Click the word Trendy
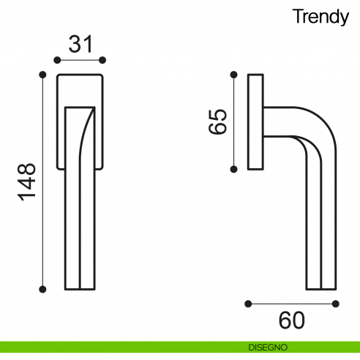(320, 17)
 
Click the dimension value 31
(80, 44)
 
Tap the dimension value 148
(27, 182)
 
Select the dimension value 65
(217, 121)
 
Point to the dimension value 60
(292, 320)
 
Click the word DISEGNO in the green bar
(268, 348)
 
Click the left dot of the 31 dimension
(57, 60)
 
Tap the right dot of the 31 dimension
(102, 60)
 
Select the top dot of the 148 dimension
(42, 75)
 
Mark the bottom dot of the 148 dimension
(42, 289)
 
